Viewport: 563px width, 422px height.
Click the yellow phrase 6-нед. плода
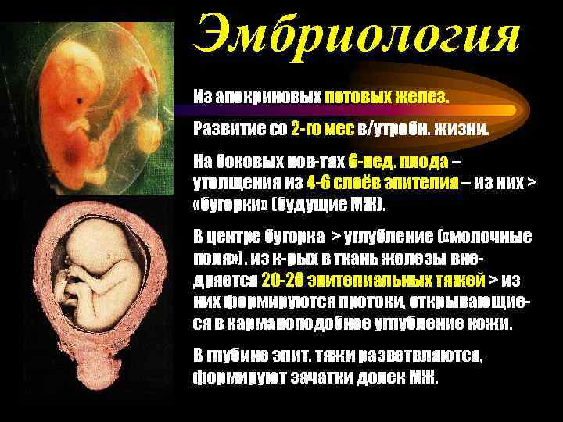pos(399,161)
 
